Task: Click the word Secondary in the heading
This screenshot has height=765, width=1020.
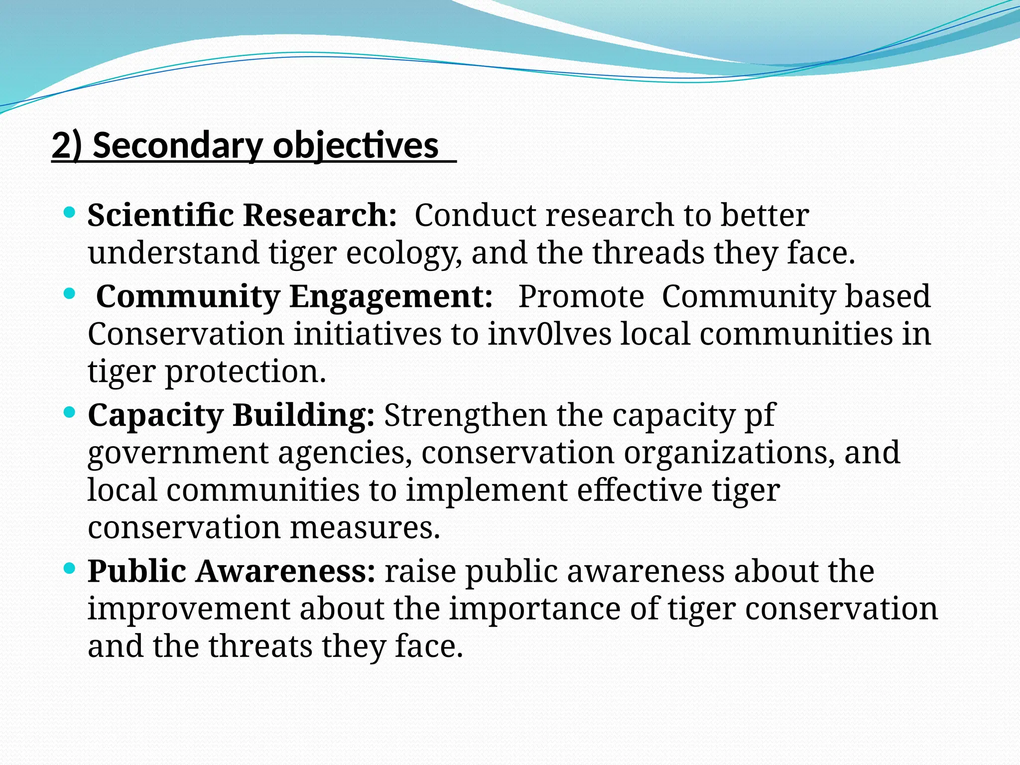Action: (x=176, y=146)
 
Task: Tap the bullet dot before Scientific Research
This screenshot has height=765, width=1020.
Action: (x=70, y=213)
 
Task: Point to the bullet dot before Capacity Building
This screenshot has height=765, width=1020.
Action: (x=70, y=412)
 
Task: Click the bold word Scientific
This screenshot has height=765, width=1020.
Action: (x=160, y=215)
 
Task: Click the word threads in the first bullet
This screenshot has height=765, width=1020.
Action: (x=648, y=253)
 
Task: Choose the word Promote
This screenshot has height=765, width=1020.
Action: (x=581, y=296)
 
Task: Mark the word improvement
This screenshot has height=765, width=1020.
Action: (x=188, y=609)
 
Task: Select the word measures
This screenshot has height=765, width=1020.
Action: (x=365, y=527)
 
